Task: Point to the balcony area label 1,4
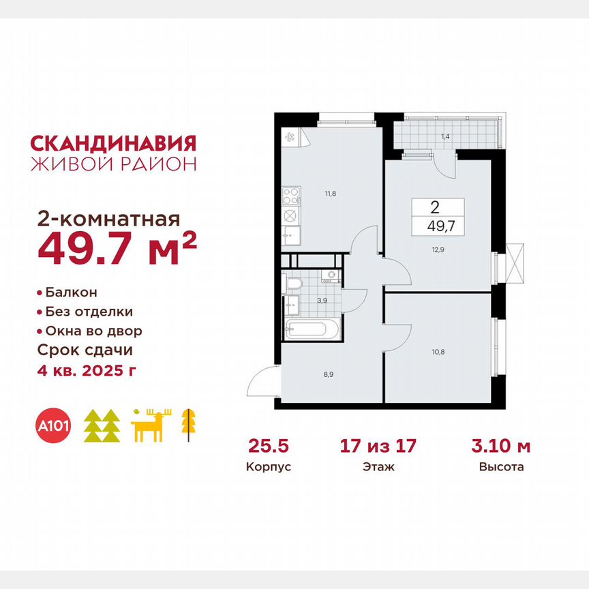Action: click(445, 137)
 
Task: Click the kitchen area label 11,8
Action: click(331, 194)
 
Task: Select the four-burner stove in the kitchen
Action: click(290, 196)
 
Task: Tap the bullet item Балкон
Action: click(71, 292)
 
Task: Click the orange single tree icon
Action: click(185, 425)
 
